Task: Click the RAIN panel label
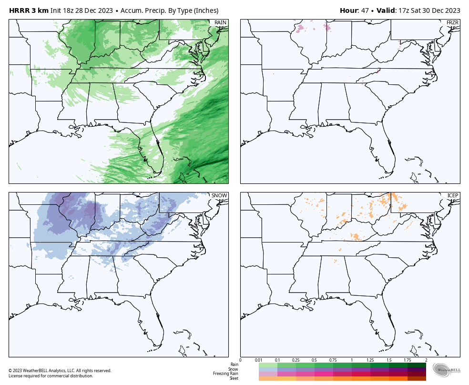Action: click(x=220, y=23)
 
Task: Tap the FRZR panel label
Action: click(x=452, y=23)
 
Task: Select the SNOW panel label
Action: click(x=219, y=196)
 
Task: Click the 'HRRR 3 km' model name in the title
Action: click(x=29, y=10)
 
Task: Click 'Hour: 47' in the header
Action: click(x=354, y=10)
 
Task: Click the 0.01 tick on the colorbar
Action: click(x=258, y=360)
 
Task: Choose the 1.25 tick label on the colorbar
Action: click(x=370, y=360)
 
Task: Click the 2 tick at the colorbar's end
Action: click(x=426, y=360)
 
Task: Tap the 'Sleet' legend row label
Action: click(x=234, y=378)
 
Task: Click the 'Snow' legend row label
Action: click(x=233, y=369)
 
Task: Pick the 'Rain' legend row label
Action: click(x=234, y=365)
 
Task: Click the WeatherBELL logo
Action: click(x=447, y=369)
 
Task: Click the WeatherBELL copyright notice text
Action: click(x=60, y=371)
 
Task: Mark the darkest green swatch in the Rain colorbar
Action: click(x=417, y=365)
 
